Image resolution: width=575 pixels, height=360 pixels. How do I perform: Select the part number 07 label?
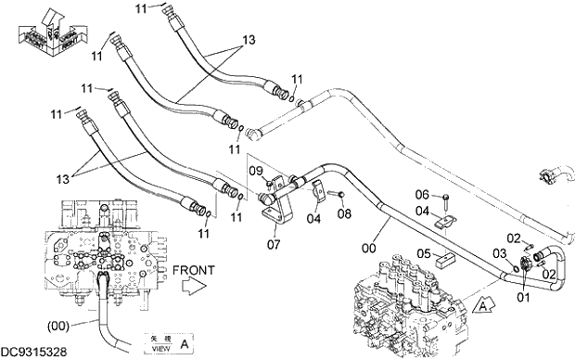273,245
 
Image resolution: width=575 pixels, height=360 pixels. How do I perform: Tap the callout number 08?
345,214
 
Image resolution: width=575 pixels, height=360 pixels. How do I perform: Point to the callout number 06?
422,194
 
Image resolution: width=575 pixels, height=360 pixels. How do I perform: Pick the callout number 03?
499,253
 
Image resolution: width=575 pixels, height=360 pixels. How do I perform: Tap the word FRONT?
193,270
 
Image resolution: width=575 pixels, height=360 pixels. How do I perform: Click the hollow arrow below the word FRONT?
190,289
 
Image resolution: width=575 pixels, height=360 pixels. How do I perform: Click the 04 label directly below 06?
422,211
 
